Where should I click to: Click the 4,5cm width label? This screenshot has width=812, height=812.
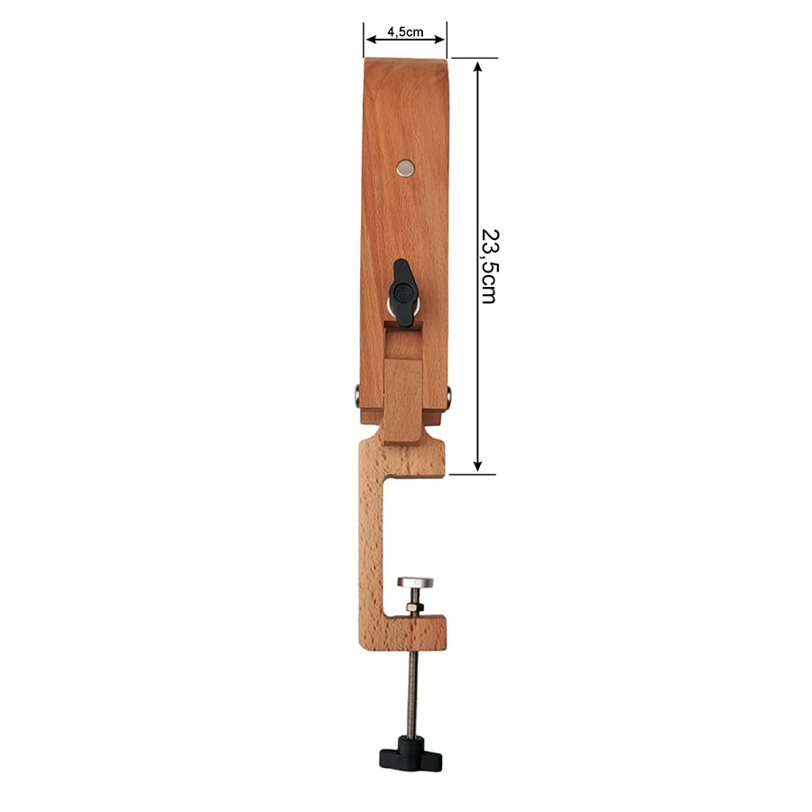pos(405,32)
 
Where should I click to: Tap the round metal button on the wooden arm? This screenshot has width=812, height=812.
pos(405,168)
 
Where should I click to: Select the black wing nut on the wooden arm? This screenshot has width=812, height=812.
pos(403,293)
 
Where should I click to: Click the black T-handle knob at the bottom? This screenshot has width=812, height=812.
pos(411,753)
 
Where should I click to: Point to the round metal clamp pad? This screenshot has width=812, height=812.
pos(415,582)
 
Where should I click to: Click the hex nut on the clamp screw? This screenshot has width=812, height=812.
pos(415,606)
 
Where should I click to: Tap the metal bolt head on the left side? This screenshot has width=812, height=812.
pos(356,396)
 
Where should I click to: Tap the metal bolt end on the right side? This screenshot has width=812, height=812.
pos(449,396)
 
